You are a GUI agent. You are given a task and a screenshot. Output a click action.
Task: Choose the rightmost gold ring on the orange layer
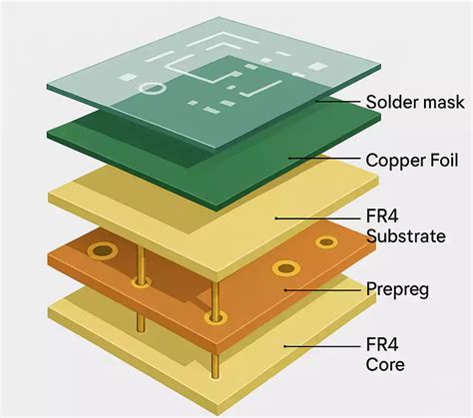pyautogui.click(x=325, y=241)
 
